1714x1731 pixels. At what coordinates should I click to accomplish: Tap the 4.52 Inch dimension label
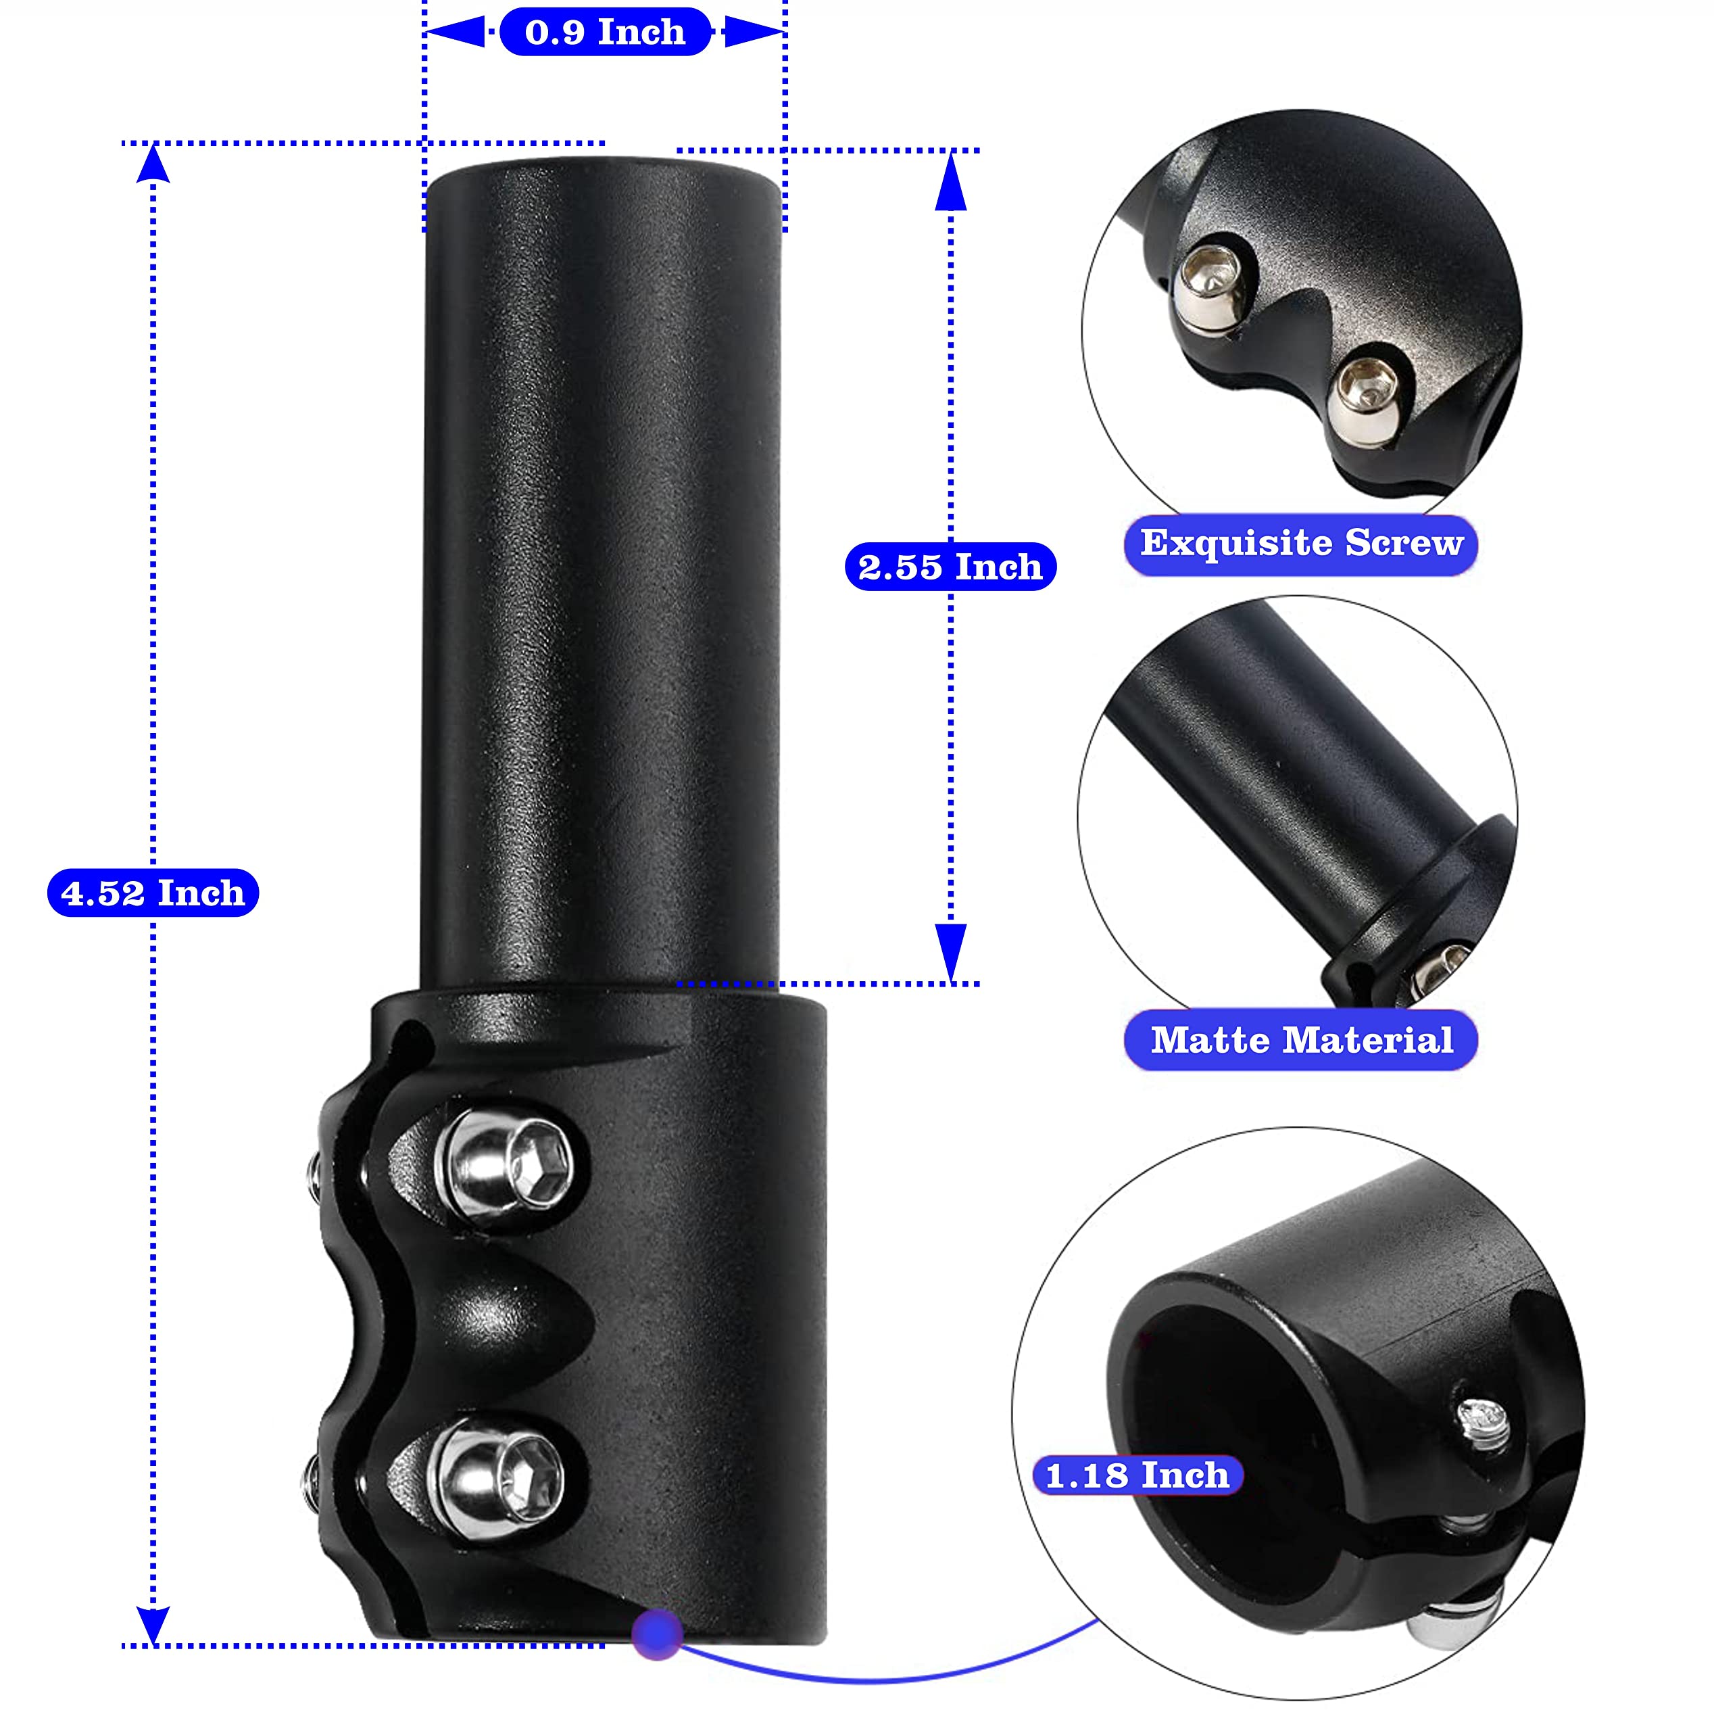[x=153, y=893]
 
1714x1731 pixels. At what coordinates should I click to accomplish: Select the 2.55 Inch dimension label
[x=950, y=566]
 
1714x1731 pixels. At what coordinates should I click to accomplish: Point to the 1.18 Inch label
[x=1137, y=1475]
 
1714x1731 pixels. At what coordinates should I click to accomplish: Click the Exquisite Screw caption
[x=1301, y=544]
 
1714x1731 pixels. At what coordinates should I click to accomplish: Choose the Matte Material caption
[x=1301, y=1040]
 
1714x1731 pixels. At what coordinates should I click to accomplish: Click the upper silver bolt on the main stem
[x=507, y=1168]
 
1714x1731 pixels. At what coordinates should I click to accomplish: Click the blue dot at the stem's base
[x=658, y=1634]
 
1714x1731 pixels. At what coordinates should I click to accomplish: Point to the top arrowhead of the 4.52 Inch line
[x=153, y=163]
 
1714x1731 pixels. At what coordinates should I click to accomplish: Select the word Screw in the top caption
[x=1404, y=543]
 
